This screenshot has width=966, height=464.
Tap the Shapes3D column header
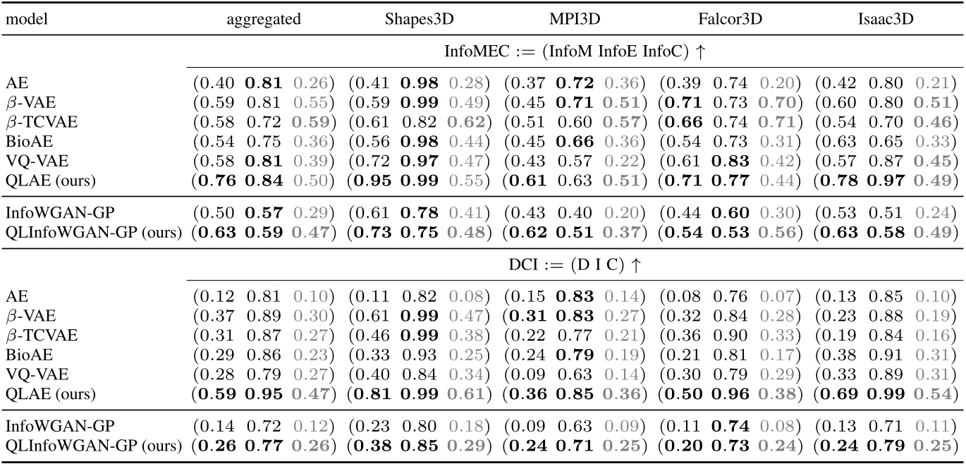tap(417, 20)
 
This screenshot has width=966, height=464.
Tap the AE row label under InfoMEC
tap(14, 83)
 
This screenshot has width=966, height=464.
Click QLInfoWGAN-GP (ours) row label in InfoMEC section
tap(94, 233)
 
